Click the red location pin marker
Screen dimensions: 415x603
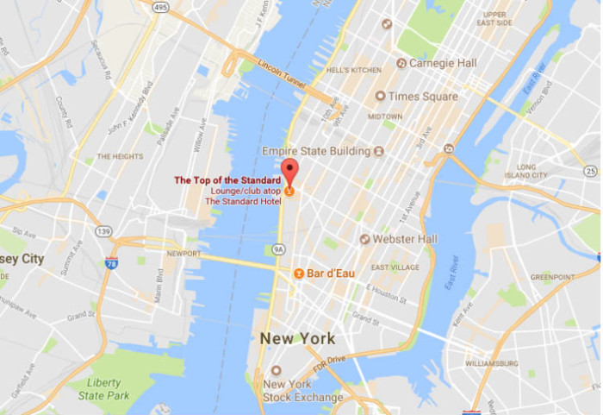pyautogui.click(x=289, y=169)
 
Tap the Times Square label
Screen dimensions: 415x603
pyautogui.click(x=422, y=96)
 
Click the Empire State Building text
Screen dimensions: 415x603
pyautogui.click(x=315, y=151)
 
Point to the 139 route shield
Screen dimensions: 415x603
pyautogui.click(x=104, y=232)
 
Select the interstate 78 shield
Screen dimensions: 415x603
pyautogui.click(x=111, y=262)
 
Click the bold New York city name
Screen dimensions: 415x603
pyautogui.click(x=297, y=338)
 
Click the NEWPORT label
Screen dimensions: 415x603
pyautogui.click(x=183, y=254)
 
